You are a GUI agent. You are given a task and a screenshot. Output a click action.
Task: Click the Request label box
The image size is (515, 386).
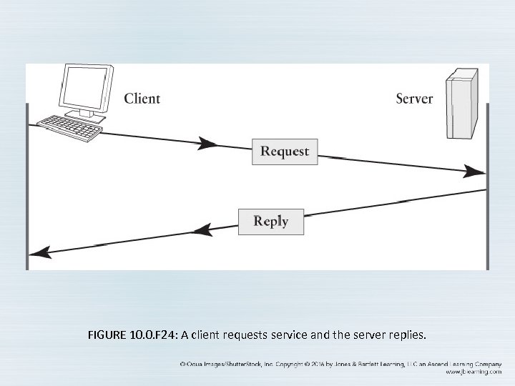point(284,152)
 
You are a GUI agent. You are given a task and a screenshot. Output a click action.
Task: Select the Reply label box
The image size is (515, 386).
point(270,222)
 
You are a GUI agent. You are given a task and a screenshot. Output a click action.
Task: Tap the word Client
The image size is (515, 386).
point(142,98)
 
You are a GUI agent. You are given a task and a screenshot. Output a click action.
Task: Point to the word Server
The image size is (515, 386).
point(413,98)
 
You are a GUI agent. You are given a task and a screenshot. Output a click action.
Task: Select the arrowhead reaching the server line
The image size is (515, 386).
point(476,171)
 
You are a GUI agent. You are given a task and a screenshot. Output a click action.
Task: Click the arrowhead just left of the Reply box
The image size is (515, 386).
point(202,229)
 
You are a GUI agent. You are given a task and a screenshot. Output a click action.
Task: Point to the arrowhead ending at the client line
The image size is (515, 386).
point(39,252)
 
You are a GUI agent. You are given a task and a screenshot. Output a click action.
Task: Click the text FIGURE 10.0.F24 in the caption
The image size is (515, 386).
point(133,334)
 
